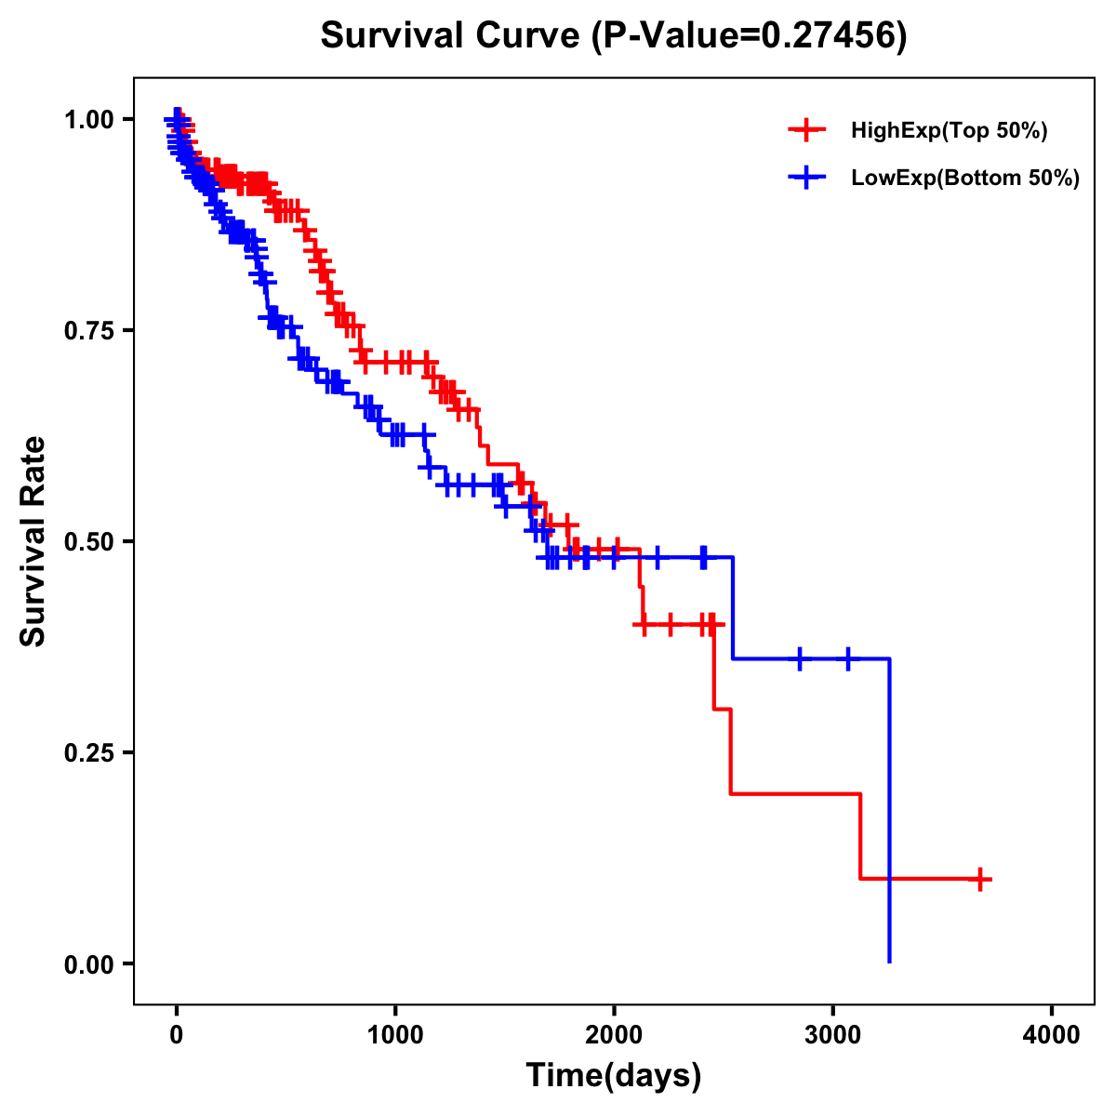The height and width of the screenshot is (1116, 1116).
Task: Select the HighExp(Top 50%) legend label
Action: (x=949, y=131)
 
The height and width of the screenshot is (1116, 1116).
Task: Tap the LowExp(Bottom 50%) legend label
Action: (x=965, y=178)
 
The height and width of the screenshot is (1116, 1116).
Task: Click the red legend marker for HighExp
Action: (x=806, y=131)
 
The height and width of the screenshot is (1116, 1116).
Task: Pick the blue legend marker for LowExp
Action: (x=806, y=178)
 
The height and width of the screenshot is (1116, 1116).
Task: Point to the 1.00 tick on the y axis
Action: (x=89, y=119)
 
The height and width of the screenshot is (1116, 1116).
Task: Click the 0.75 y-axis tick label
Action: (x=89, y=330)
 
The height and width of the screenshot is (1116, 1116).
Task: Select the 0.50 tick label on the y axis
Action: (x=89, y=541)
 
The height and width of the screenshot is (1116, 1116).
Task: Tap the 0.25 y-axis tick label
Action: (x=89, y=752)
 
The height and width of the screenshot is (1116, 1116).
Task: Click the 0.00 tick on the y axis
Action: (x=89, y=963)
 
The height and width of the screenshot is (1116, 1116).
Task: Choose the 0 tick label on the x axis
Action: (x=177, y=1034)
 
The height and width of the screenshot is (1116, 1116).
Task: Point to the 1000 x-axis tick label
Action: (x=395, y=1034)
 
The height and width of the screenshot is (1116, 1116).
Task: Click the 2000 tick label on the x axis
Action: (x=614, y=1034)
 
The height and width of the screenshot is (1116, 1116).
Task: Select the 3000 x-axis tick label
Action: (x=833, y=1034)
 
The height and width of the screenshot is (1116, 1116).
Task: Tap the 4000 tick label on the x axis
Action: (x=1052, y=1034)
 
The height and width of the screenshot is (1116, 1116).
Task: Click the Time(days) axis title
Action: (x=613, y=1076)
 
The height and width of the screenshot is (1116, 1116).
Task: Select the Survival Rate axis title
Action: (x=33, y=541)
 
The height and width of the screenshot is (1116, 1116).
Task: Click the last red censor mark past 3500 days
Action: (x=980, y=879)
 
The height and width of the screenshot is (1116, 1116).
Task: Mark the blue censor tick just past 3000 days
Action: (x=847, y=658)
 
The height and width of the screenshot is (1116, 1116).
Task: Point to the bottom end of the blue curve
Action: (x=889, y=962)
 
